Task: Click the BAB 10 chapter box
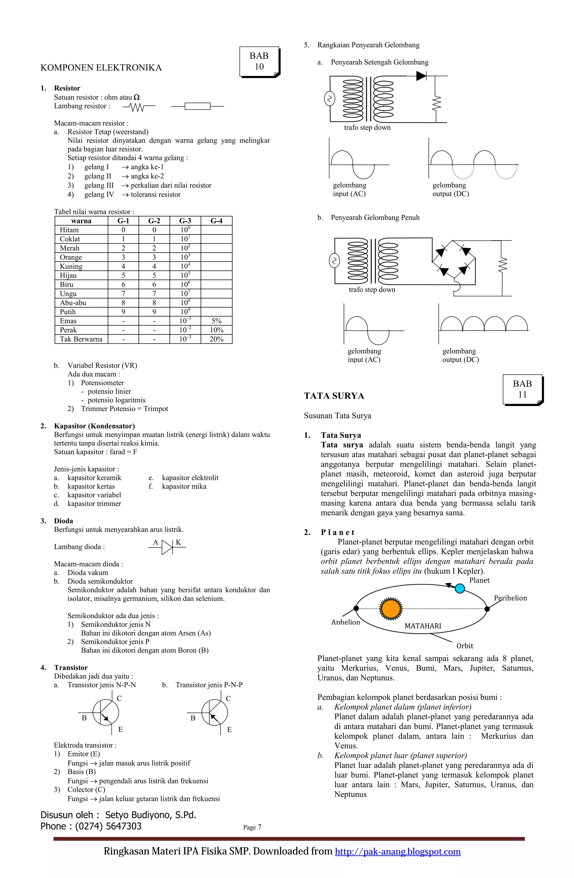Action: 259,61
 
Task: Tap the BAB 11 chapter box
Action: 522,389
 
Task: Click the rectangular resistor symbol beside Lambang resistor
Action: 197,106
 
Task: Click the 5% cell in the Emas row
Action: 217,321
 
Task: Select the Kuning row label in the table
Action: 71,266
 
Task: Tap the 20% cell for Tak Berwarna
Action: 217,339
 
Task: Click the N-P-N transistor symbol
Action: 105,712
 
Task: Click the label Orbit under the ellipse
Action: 464,646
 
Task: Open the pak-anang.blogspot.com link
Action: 398,851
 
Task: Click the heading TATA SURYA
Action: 334,396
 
